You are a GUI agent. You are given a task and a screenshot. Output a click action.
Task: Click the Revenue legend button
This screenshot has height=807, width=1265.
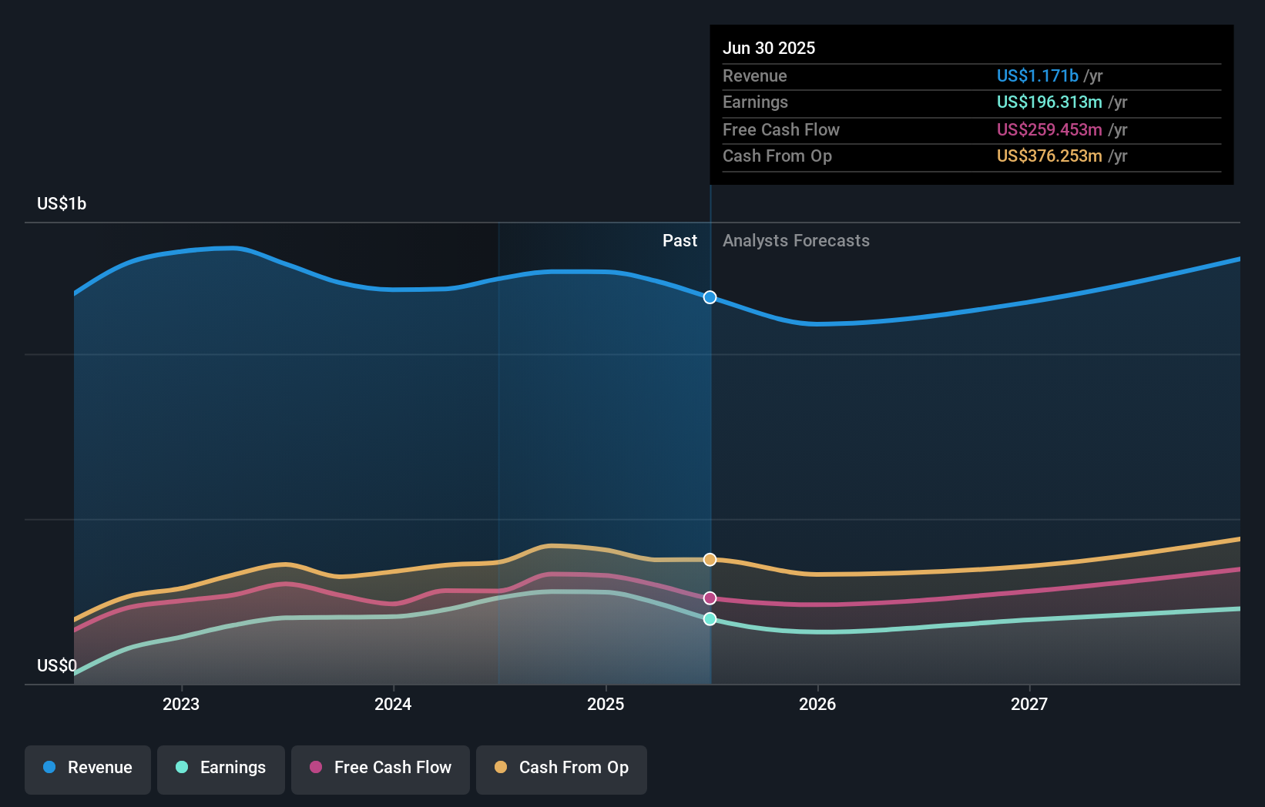(88, 768)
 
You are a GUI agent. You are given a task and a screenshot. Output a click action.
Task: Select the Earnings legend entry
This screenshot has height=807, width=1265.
(221, 768)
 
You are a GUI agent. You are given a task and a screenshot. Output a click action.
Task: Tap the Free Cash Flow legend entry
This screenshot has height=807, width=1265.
(381, 768)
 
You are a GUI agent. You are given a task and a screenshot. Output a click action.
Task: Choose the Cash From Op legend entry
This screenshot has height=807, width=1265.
(562, 768)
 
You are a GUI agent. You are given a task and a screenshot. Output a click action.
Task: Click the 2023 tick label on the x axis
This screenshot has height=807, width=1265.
(181, 704)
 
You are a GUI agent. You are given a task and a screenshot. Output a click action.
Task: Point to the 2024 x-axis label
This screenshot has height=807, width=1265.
(393, 704)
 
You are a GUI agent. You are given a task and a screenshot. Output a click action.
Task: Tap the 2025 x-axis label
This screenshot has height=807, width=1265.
(606, 704)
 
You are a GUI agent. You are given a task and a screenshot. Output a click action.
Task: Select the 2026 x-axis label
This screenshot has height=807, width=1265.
(817, 704)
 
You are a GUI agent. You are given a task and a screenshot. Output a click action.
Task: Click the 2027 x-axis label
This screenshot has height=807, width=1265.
(1029, 704)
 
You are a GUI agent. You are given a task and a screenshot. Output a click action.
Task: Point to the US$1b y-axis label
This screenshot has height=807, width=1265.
(62, 203)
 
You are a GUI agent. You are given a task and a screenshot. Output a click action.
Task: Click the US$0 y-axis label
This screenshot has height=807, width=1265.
(57, 665)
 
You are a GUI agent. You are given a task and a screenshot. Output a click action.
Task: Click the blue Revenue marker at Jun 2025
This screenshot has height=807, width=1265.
(710, 297)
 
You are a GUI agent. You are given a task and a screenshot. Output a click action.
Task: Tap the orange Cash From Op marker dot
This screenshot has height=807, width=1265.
(710, 560)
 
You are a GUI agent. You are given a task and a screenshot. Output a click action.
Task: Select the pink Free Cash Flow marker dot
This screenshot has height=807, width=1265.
(710, 598)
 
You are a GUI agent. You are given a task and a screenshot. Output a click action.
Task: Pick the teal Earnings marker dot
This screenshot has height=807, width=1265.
(710, 619)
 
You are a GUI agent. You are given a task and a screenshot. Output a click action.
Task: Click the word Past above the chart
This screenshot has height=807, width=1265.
(679, 241)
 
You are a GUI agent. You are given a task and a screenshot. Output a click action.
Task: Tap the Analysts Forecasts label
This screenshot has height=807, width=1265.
(796, 241)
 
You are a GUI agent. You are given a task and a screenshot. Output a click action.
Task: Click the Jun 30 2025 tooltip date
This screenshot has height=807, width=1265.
(769, 48)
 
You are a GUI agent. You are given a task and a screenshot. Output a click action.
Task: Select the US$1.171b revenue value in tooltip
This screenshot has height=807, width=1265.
(1037, 75)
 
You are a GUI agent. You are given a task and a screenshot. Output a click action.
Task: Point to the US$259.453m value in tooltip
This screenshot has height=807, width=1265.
(1049, 129)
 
